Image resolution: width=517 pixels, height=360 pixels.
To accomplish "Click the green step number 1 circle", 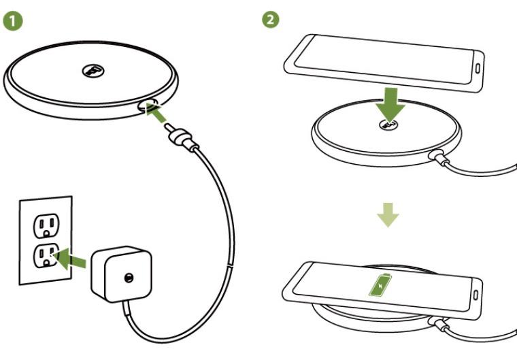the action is click(x=13, y=20).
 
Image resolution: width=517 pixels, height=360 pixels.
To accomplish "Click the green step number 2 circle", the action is click(x=270, y=20).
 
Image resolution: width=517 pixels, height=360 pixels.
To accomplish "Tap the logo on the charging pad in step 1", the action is click(x=93, y=70).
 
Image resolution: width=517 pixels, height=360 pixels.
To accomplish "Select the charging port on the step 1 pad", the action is click(x=148, y=106).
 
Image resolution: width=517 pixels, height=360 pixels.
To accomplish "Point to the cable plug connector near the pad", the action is click(x=182, y=138).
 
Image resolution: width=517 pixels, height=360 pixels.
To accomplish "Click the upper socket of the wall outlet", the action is click(x=46, y=226).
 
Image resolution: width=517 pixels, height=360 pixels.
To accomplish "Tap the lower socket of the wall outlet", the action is click(x=46, y=255).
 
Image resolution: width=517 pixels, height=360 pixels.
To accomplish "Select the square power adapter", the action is click(x=121, y=274).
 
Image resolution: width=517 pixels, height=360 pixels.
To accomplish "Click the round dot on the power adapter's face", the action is click(x=129, y=278).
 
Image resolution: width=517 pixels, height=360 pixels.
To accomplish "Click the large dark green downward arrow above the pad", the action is click(x=390, y=105).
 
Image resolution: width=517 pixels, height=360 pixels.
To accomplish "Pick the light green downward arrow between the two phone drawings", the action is click(x=388, y=215).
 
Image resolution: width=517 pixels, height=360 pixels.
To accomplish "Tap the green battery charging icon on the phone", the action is click(x=380, y=284).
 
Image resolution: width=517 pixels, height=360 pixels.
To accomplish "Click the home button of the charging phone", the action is click(x=476, y=295).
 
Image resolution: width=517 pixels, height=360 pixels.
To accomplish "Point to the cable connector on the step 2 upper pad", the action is click(x=440, y=157).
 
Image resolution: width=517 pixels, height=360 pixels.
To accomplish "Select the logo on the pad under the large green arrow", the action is click(x=389, y=125).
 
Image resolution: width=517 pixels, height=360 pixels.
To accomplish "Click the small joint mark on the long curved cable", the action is click(x=231, y=265).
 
